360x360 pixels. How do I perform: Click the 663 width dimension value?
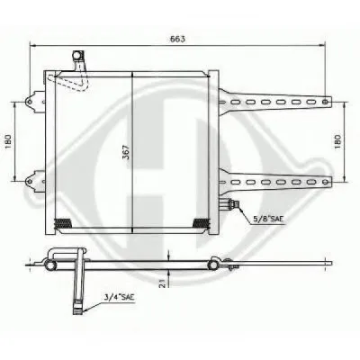(x=178, y=39)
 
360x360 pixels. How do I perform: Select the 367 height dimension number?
(x=127, y=152)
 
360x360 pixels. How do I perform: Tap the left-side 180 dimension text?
(x=8, y=141)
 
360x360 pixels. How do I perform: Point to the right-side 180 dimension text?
(x=338, y=141)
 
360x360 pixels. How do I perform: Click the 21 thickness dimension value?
(x=162, y=283)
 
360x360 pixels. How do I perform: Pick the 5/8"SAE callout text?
(x=267, y=220)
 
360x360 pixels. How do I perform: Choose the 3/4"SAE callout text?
(x=119, y=298)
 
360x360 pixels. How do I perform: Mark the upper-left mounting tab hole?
(x=29, y=102)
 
